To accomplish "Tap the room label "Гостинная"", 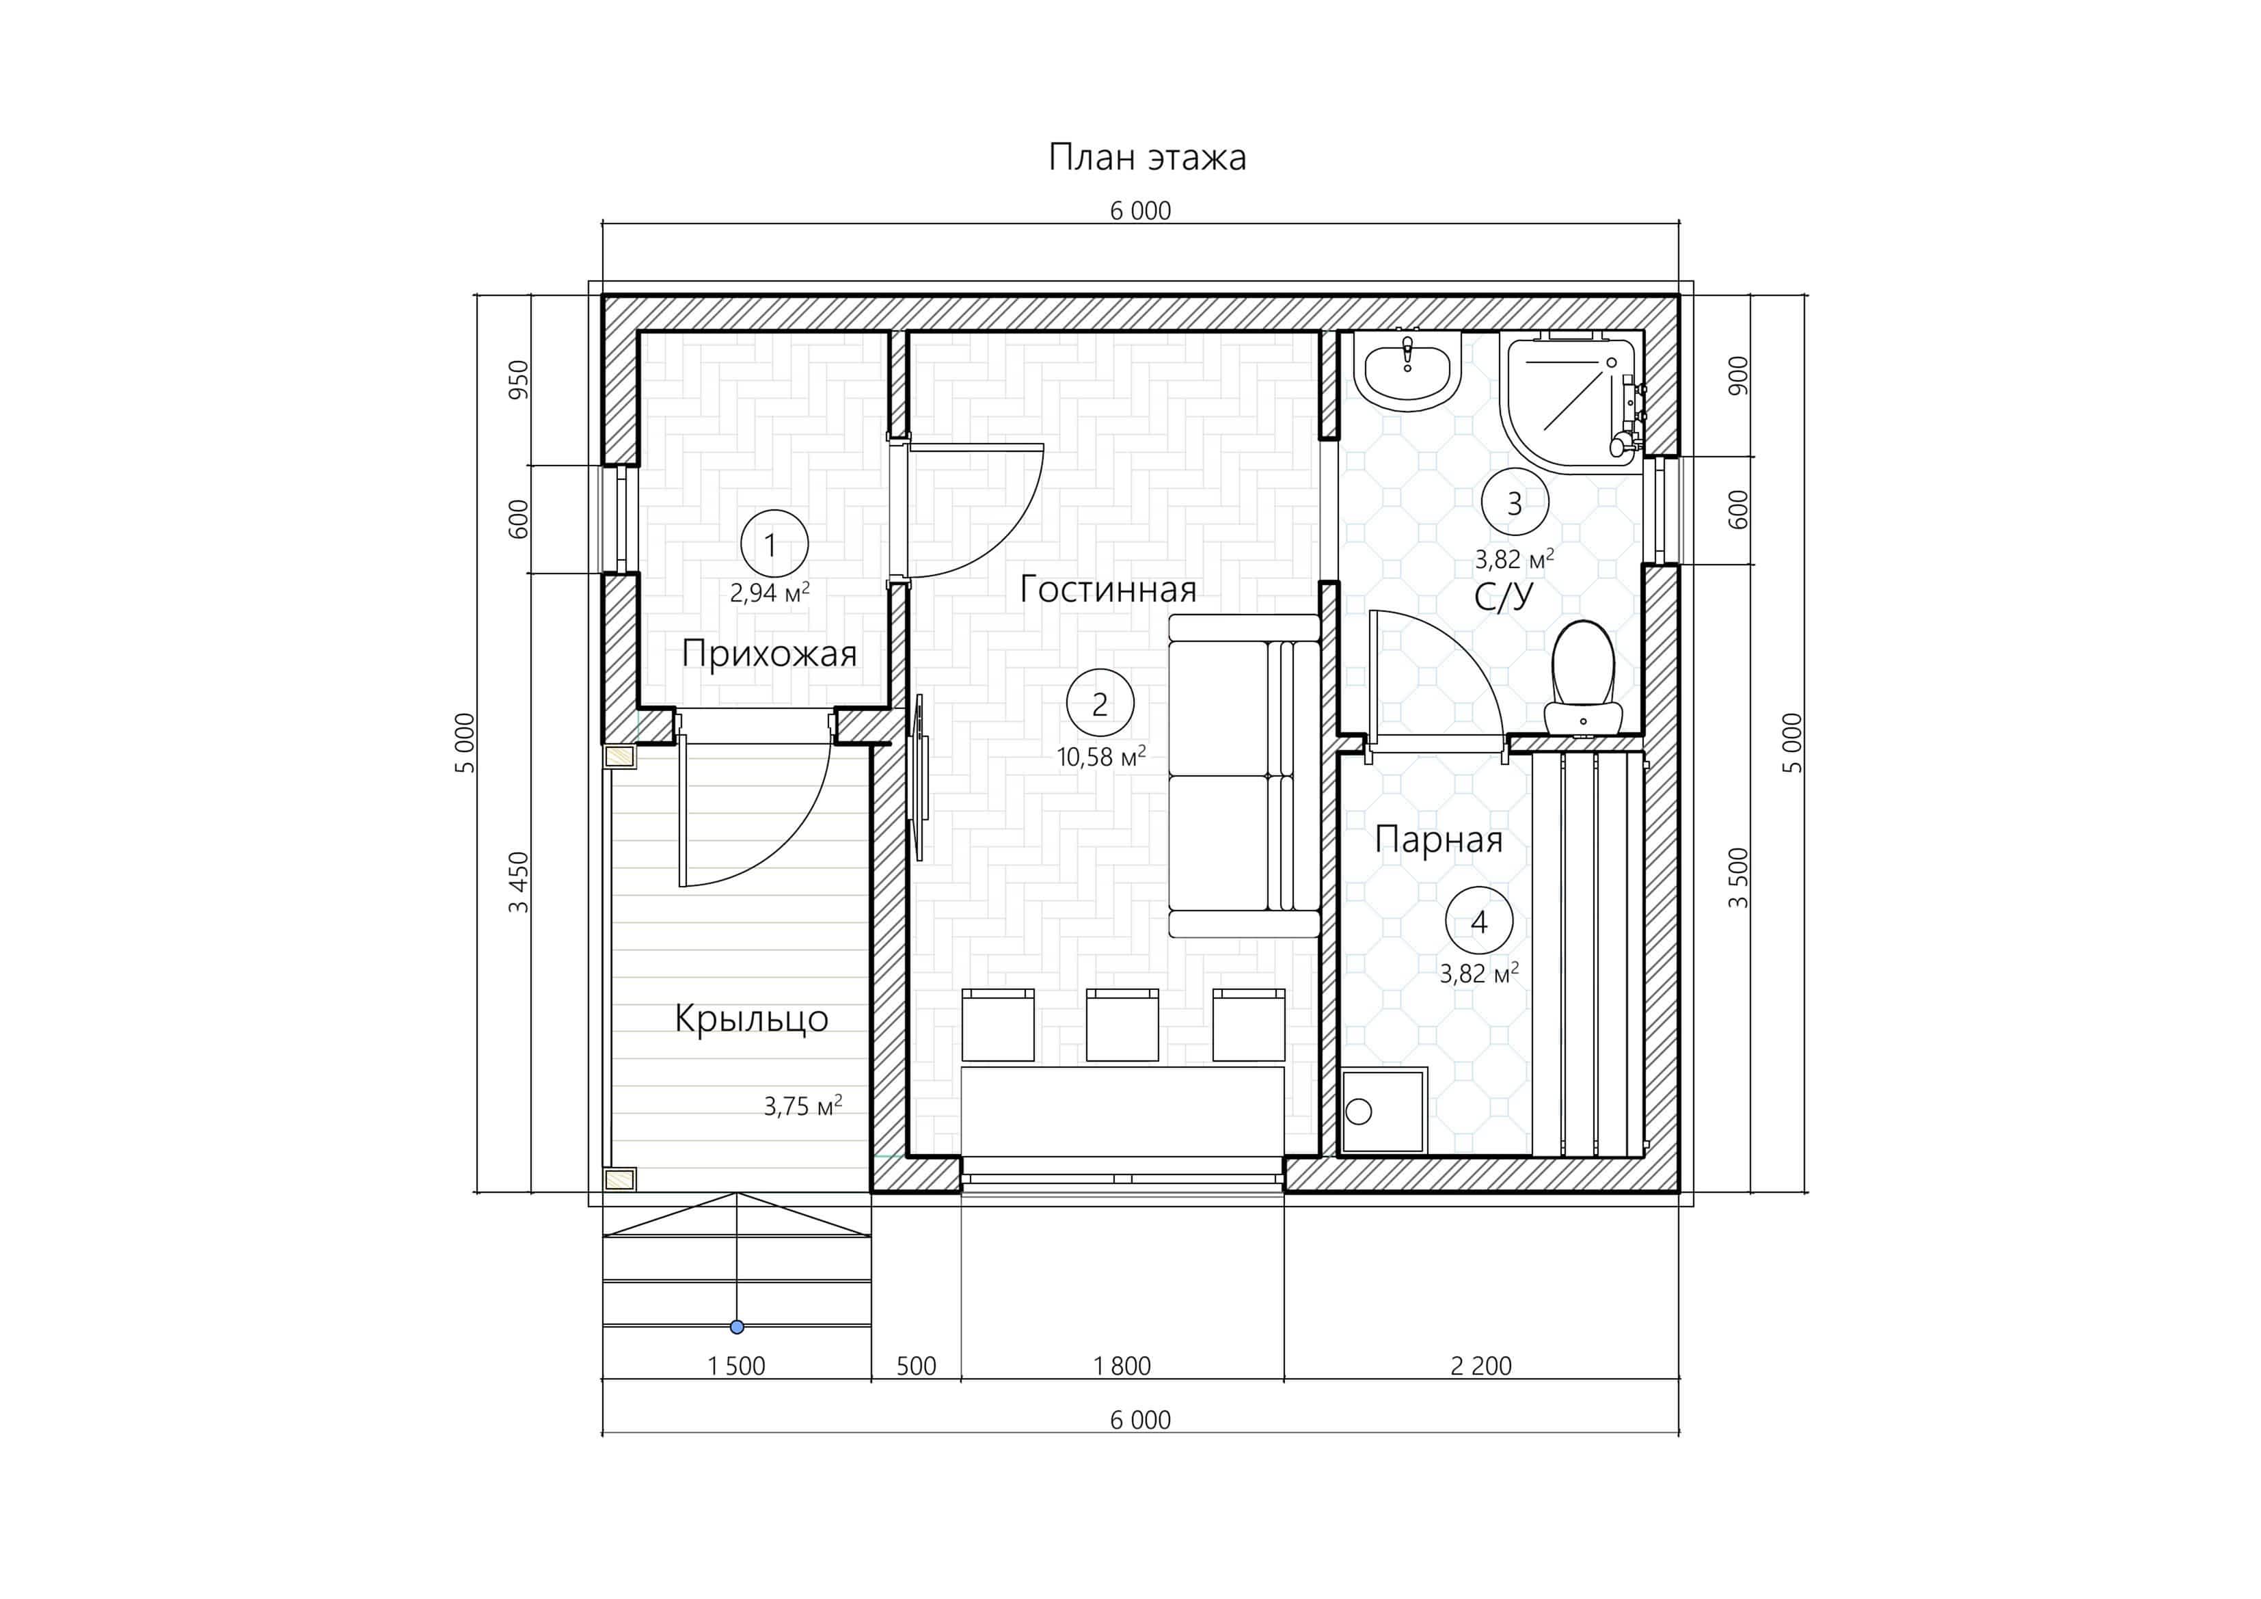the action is point(1108,589).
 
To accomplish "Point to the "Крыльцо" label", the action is point(751,1019).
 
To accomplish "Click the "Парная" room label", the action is point(1439,839).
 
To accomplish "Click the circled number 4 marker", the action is point(1479,922).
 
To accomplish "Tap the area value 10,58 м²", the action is point(1101,757).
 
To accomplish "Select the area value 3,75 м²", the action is point(802,1105).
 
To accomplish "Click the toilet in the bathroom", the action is point(1582,678).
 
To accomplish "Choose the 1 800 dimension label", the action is point(1122,1365).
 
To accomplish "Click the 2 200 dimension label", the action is point(1481,1365).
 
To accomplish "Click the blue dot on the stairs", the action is point(737,1327).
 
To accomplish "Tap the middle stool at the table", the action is point(1122,1025).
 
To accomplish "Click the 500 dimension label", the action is point(916,1365).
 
